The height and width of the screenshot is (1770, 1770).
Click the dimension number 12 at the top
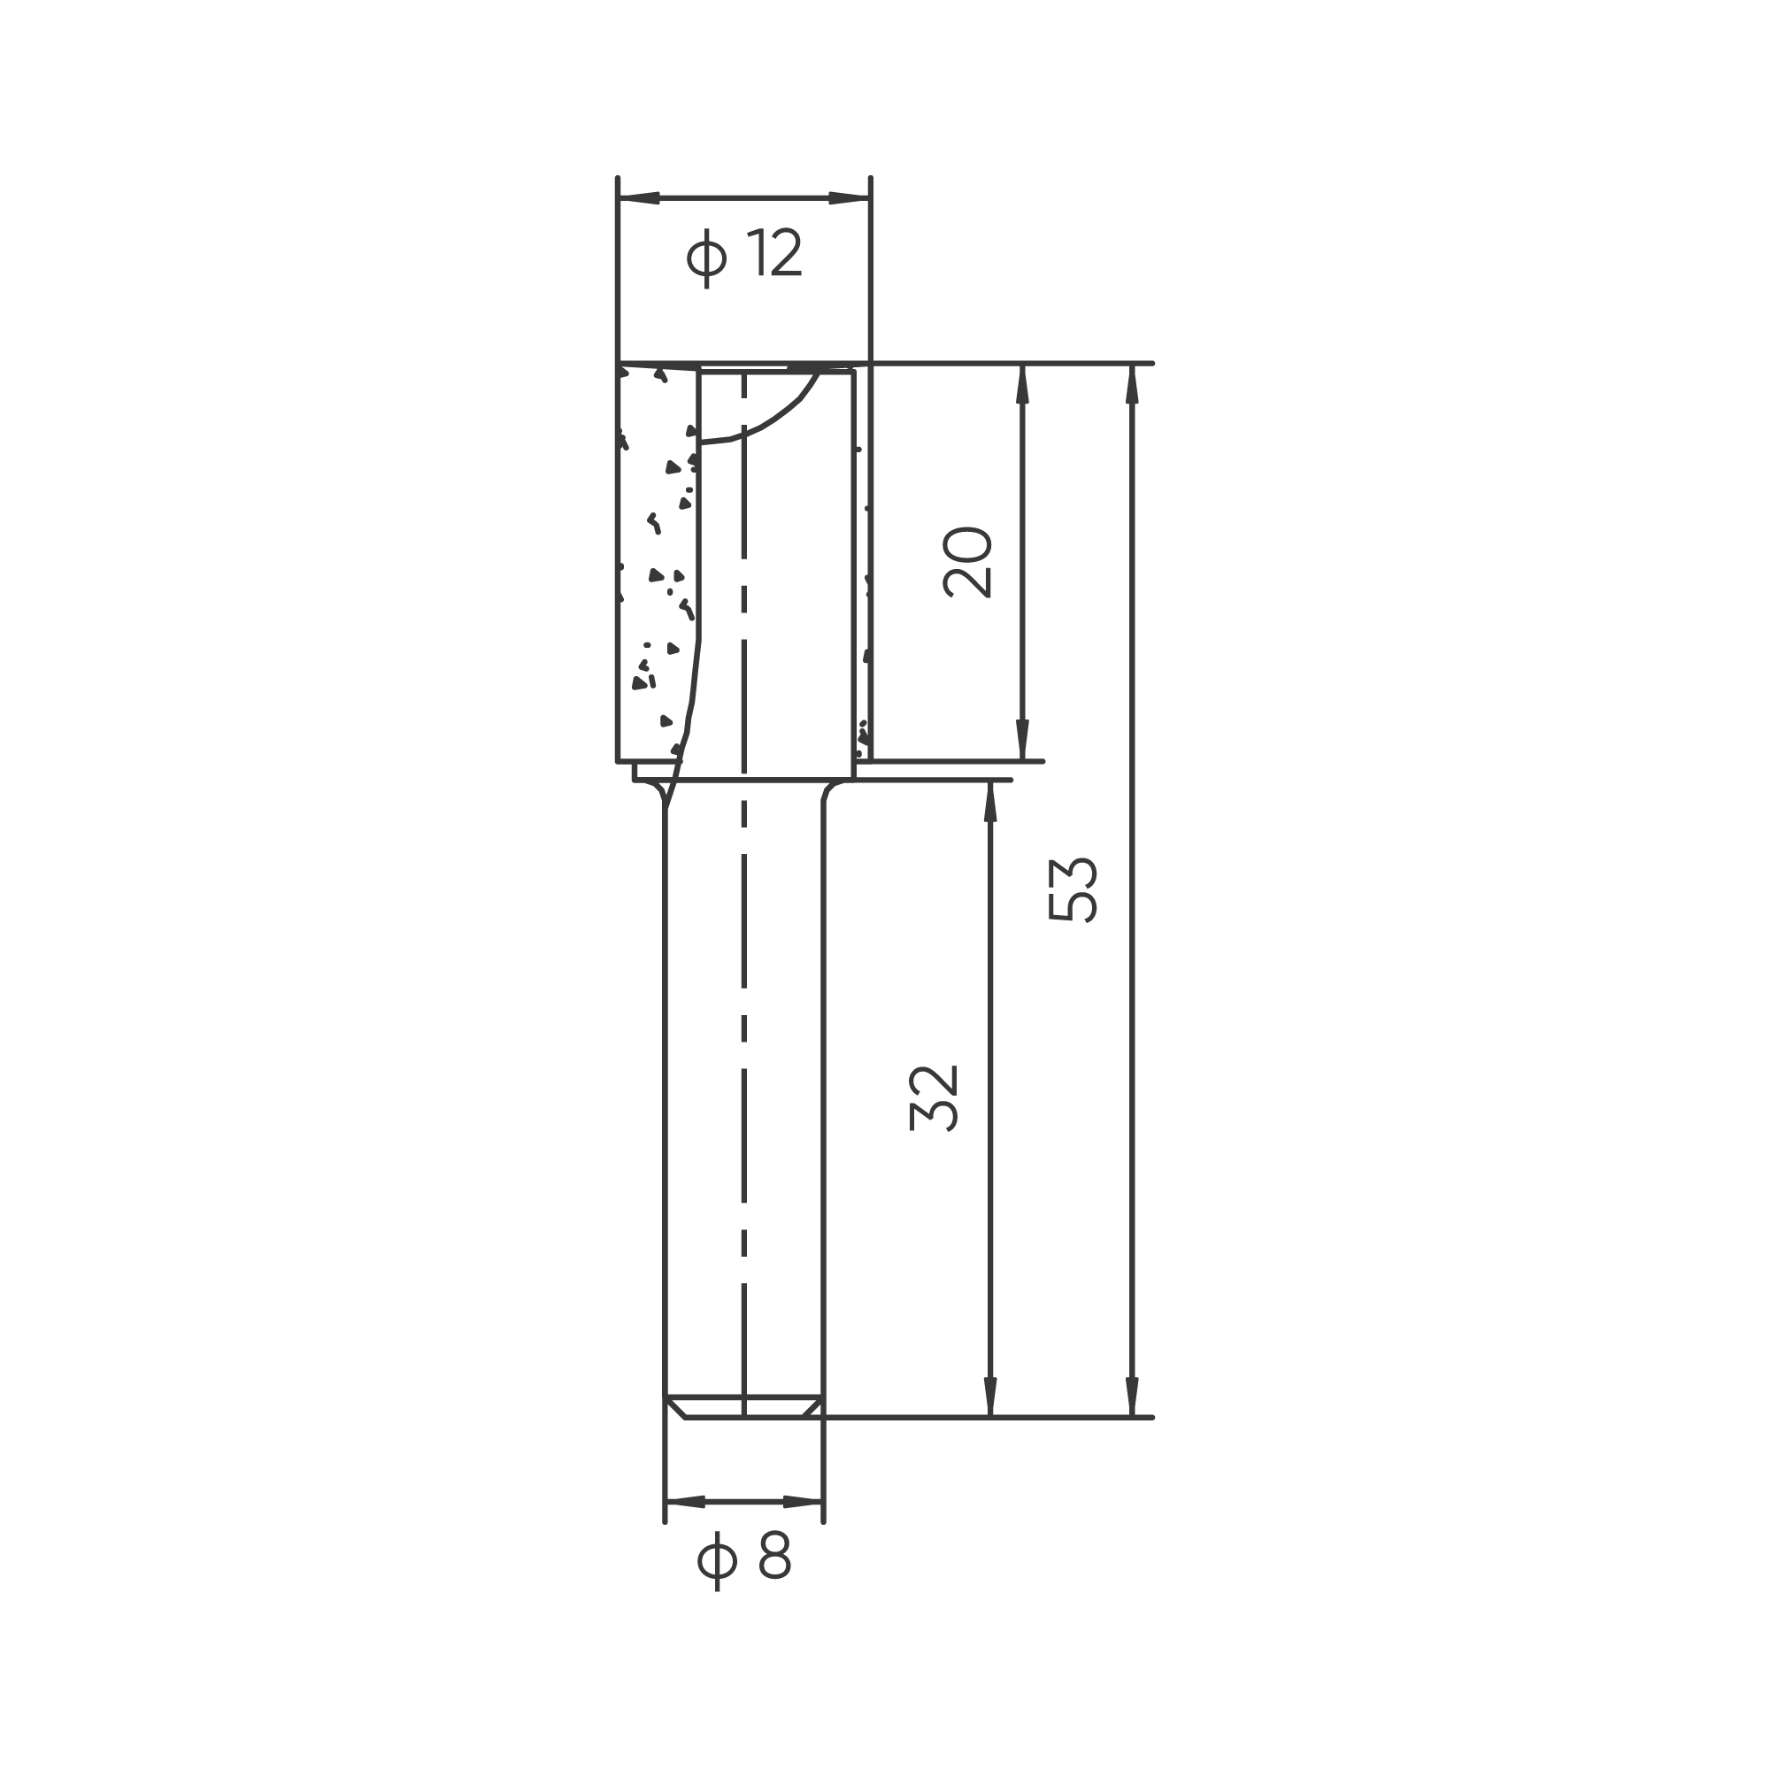point(774,253)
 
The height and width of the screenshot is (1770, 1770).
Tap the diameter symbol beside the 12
point(706,257)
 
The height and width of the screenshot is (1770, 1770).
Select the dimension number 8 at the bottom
point(775,1555)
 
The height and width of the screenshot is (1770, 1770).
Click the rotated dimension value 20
point(967,563)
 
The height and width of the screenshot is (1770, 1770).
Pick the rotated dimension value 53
point(1072,889)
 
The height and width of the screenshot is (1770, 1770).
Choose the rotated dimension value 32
point(934,1097)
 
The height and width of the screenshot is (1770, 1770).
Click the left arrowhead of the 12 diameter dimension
point(640,198)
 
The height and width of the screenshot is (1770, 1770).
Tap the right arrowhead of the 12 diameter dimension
point(850,198)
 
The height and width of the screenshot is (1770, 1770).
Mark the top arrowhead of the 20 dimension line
point(1022,385)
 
